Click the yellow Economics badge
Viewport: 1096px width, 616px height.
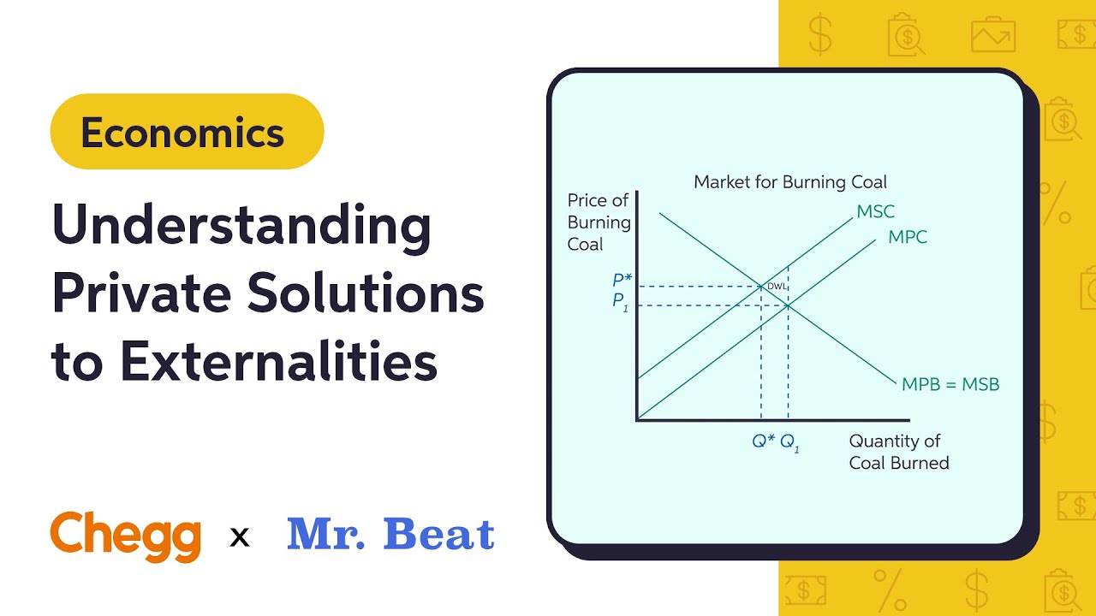[187, 132]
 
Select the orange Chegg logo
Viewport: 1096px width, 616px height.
[125, 535]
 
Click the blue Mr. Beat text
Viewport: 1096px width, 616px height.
[390, 535]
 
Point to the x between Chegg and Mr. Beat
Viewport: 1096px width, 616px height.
[241, 537]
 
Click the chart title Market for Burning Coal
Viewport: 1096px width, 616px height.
[789, 182]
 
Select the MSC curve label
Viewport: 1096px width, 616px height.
[875, 211]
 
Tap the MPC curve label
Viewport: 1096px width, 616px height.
[907, 237]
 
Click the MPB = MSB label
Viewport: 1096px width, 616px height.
[950, 385]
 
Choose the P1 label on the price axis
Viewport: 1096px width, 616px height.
[620, 302]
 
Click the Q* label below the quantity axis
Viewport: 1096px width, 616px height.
[763, 441]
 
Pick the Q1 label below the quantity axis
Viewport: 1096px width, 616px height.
[789, 443]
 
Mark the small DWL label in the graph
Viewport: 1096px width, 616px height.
[775, 287]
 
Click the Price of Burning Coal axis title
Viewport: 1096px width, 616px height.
[598, 222]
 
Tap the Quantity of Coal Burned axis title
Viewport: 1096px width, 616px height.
[898, 452]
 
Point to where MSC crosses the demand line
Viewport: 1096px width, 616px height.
[761, 286]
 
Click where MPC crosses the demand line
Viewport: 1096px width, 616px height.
[788, 305]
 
